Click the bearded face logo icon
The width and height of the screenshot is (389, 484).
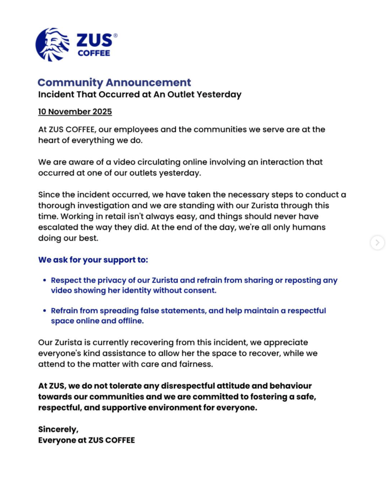coord(52,44)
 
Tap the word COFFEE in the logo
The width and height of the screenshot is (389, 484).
coord(94,53)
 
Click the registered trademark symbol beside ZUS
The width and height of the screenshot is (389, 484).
coord(115,35)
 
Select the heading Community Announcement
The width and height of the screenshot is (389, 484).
coord(114,83)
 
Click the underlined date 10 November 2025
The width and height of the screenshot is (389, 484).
coord(75,112)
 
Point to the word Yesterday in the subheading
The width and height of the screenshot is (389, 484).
coord(218,95)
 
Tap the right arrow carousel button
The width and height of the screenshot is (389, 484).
coord(377,242)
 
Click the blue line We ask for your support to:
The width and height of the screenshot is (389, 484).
coord(93,260)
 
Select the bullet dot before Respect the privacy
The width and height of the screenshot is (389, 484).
coord(44,280)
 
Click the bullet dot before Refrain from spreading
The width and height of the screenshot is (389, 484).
coord(44,311)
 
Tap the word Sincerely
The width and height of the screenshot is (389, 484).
coord(58,429)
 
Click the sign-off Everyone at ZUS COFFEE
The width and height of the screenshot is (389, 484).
coord(86,440)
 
